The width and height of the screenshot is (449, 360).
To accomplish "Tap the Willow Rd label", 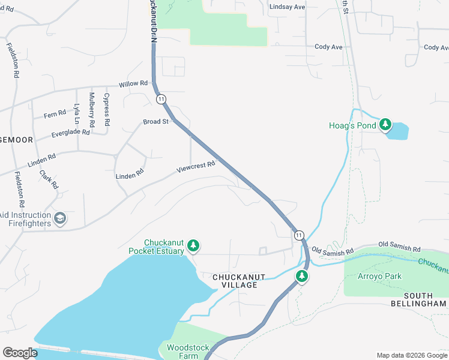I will [133, 83].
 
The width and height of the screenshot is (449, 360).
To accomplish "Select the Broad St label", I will [155, 122].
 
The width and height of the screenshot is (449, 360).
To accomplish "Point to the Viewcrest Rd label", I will [196, 167].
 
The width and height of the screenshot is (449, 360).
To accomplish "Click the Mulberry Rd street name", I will [91, 109].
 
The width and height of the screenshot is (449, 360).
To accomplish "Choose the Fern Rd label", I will [55, 114].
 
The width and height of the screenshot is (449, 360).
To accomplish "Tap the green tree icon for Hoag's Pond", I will [384, 125].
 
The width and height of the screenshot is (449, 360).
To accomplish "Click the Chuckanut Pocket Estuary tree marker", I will [193, 245].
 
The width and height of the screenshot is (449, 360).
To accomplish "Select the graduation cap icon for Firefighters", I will [59, 218].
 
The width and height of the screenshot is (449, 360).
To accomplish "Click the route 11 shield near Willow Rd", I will [161, 98].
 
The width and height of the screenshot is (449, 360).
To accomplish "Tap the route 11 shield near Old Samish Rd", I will [299, 235].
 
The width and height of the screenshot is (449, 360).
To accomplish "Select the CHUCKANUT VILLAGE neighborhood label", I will [235, 281].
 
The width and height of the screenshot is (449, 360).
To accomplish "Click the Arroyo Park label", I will [379, 277].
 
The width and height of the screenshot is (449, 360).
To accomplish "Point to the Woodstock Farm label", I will [182, 352].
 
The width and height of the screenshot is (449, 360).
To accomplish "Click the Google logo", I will [20, 353].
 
